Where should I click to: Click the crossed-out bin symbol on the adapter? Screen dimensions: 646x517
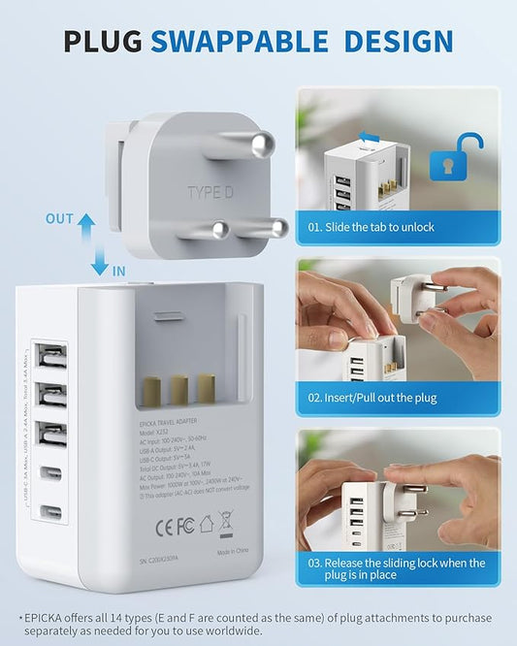(x=226, y=524)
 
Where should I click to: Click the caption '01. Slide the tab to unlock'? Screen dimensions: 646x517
(x=372, y=227)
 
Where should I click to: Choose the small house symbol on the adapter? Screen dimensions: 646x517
(x=206, y=525)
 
